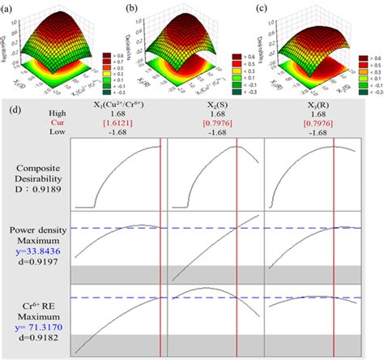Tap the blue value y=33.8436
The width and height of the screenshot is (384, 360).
[x=36, y=251]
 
